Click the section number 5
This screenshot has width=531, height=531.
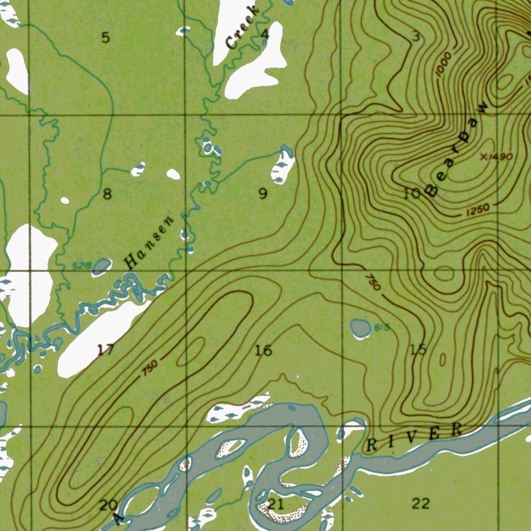point(106,37)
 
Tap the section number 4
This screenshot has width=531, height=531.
point(265,35)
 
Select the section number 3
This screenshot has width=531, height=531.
point(416,36)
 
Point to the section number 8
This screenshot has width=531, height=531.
point(107,194)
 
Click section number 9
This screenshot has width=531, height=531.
point(263,194)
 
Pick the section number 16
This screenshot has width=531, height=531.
point(263,351)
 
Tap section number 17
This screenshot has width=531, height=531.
point(105,350)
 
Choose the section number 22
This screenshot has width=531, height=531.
point(421,503)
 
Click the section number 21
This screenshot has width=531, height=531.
point(275,504)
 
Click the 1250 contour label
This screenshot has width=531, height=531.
point(478,209)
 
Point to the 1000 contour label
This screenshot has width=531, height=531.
point(443,65)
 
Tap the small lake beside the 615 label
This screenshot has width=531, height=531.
point(360,328)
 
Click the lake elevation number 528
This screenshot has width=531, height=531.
point(81,267)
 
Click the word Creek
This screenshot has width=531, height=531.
point(242,28)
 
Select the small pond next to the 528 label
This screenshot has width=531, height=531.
point(102,266)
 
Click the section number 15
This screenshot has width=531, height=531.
point(418,350)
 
